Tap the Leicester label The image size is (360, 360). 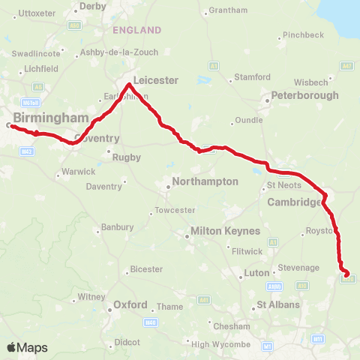click(155, 79)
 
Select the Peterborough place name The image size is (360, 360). click(304, 95)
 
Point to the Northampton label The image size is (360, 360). click(205, 181)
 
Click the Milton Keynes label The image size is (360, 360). click(225, 231)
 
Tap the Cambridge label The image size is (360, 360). click(295, 202)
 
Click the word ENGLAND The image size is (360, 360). click(136, 30)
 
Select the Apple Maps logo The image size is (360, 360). click(27, 347)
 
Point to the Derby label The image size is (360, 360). click(93, 6)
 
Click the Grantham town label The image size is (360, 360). click(229, 10)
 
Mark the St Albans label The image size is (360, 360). click(278, 305)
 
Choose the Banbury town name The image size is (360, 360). click(116, 227)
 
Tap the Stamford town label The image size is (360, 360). click(251, 77)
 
